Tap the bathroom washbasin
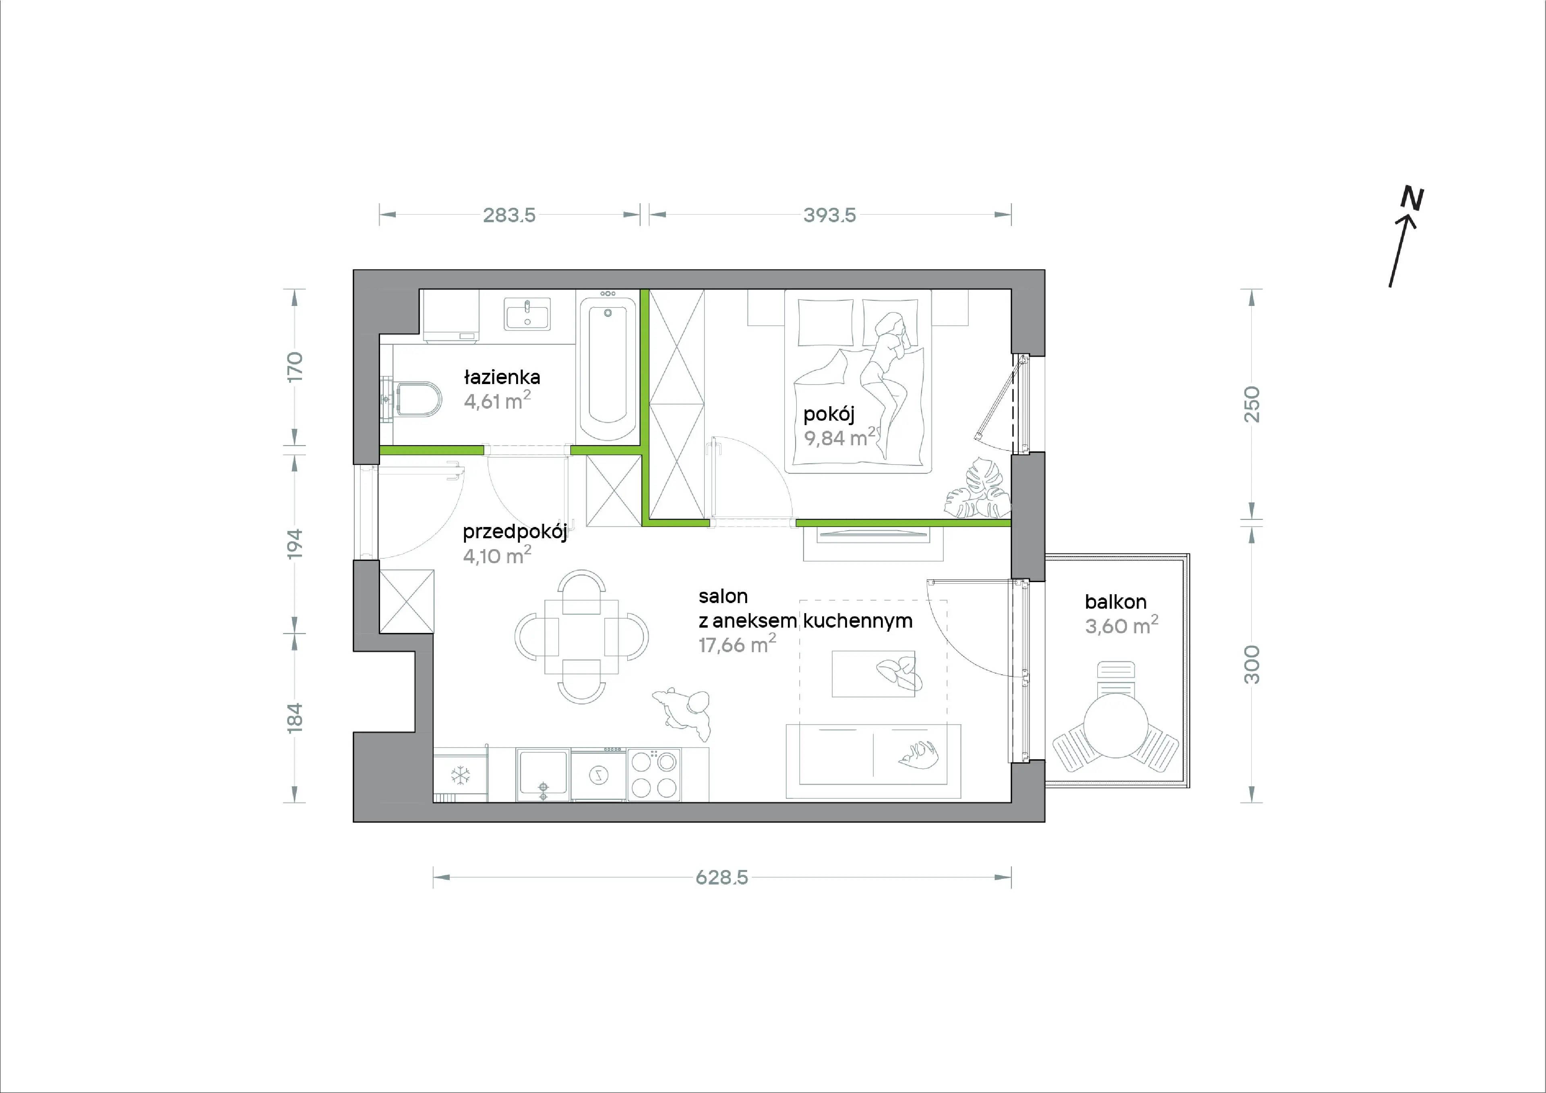point(527,314)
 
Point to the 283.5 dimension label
point(509,215)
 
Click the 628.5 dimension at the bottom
point(722,878)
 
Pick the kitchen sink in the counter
point(543,775)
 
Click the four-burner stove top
point(654,775)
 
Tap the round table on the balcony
point(1116,726)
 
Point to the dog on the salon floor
point(682,712)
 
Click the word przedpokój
point(515,532)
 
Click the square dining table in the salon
point(581,637)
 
